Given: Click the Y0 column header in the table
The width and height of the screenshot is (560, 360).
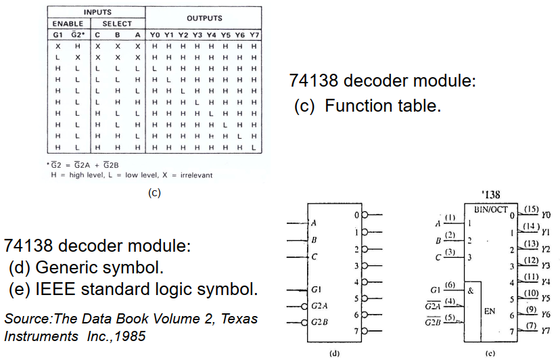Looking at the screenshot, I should [156, 35].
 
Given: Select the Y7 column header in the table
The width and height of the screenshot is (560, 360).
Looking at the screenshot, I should [254, 35].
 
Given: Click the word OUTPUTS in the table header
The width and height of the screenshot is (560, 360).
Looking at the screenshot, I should [204, 18].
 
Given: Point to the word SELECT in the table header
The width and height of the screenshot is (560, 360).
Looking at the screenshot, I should [117, 24].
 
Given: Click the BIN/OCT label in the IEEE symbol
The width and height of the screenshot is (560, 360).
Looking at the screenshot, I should [492, 209].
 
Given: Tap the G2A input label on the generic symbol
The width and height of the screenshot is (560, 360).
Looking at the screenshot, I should [322, 305].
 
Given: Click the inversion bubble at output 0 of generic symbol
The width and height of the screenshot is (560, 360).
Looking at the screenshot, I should [365, 216].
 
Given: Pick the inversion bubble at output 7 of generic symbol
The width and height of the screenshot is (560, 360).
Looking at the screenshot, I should [365, 332].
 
